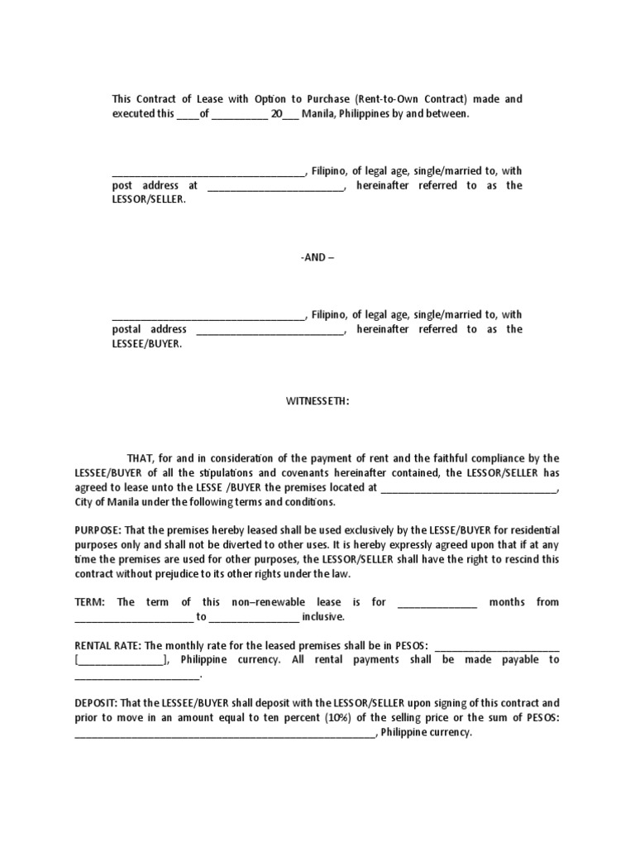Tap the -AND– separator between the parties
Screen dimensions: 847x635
pyautogui.click(x=317, y=257)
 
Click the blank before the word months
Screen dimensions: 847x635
pyautogui.click(x=437, y=602)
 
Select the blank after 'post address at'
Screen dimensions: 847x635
pyautogui.click(x=275, y=186)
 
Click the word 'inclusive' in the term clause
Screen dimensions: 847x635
pyautogui.click(x=322, y=617)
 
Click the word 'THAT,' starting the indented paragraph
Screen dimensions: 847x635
pyautogui.click(x=140, y=458)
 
